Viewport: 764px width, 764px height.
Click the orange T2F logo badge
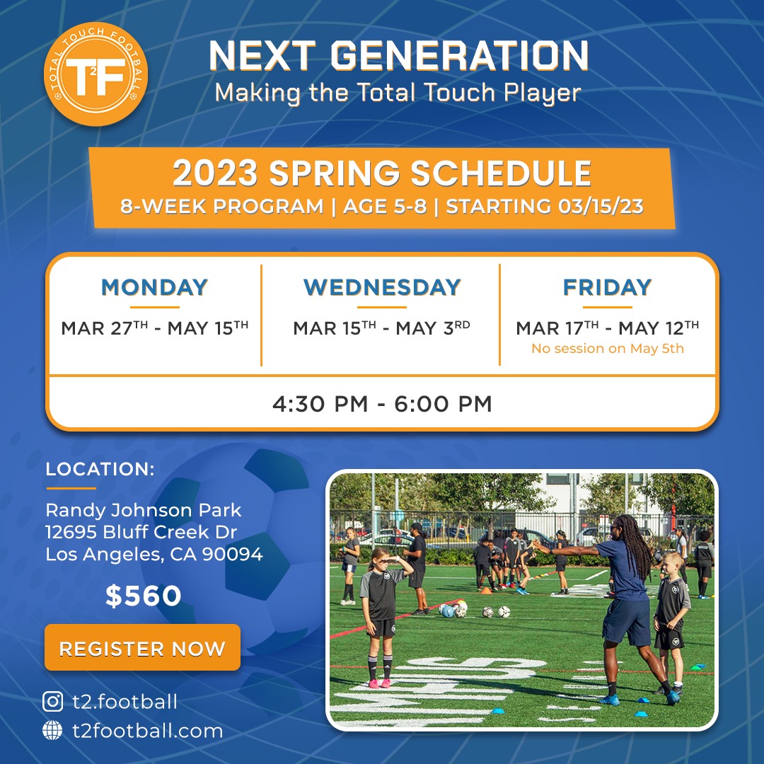(x=95, y=74)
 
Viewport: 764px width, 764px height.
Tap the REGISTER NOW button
(x=142, y=647)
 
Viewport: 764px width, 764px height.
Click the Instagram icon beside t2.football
(x=52, y=702)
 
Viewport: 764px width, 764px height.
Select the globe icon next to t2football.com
(x=52, y=730)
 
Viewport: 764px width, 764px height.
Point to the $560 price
(x=143, y=596)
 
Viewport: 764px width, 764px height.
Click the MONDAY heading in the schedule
(x=154, y=287)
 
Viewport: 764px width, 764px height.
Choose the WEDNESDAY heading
(x=382, y=287)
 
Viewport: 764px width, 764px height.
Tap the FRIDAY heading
(x=607, y=287)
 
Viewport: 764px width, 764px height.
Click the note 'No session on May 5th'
(x=608, y=348)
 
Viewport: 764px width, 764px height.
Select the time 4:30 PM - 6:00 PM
(x=382, y=404)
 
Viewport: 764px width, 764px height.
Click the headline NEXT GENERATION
(x=399, y=56)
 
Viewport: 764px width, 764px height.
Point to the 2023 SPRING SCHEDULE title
(x=382, y=173)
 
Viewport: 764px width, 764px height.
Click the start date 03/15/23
(x=601, y=206)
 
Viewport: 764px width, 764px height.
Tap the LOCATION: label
(x=100, y=469)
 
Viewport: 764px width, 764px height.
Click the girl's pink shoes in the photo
(x=379, y=683)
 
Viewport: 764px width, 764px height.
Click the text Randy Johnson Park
(x=143, y=510)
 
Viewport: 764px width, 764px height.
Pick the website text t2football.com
(x=148, y=731)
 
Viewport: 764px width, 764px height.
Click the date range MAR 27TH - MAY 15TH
(x=154, y=328)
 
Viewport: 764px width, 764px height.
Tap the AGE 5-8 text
(x=385, y=206)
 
